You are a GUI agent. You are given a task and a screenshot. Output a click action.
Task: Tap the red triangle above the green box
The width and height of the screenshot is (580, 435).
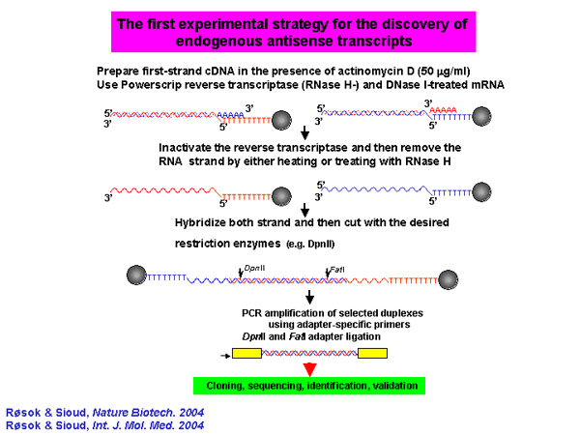click(x=309, y=369)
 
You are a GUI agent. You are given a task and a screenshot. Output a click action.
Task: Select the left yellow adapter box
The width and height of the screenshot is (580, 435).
click(x=246, y=353)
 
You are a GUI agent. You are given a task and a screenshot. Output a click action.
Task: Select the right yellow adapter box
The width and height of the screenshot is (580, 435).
click(x=372, y=353)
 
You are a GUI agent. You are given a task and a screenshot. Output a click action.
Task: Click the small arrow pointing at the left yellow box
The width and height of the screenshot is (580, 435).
click(x=225, y=356)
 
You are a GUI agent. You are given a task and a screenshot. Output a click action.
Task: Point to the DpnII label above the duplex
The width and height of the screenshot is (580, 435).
click(x=254, y=268)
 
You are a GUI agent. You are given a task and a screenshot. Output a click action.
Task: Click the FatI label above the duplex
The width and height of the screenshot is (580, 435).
click(x=337, y=270)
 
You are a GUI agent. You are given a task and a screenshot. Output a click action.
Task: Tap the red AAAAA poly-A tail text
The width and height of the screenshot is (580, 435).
click(x=443, y=110)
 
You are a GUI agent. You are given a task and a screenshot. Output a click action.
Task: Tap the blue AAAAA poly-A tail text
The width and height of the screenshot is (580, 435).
click(x=230, y=115)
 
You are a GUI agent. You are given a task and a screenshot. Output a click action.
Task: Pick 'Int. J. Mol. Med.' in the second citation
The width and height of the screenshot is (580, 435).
click(x=132, y=425)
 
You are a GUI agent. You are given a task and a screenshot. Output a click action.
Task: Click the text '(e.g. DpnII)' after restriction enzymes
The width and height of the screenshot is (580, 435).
click(x=310, y=245)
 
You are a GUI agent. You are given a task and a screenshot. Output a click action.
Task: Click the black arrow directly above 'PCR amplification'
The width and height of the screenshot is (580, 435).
click(x=309, y=297)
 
